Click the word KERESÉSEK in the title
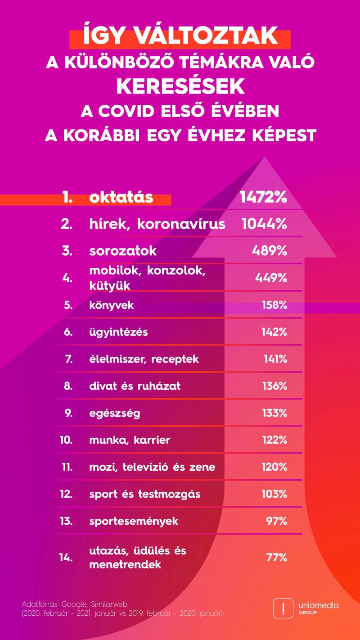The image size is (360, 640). click(x=180, y=86)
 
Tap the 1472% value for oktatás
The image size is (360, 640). click(x=263, y=198)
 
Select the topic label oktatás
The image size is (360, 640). click(x=121, y=198)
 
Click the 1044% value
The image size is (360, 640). click(x=264, y=224)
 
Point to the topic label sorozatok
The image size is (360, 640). click(x=123, y=251)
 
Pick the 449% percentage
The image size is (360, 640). click(x=271, y=278)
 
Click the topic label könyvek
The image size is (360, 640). click(x=112, y=305)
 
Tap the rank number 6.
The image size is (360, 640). click(x=68, y=332)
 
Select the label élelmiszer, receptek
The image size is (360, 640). click(x=144, y=359)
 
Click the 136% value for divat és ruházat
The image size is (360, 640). click(x=274, y=386)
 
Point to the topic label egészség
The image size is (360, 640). click(x=115, y=413)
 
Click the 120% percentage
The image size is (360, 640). click(x=274, y=467)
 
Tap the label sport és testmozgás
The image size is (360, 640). click(x=145, y=494)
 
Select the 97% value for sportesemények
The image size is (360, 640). click(x=276, y=521)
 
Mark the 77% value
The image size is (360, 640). click(x=276, y=557)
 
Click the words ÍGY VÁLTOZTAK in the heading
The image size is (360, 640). click(x=180, y=36)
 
